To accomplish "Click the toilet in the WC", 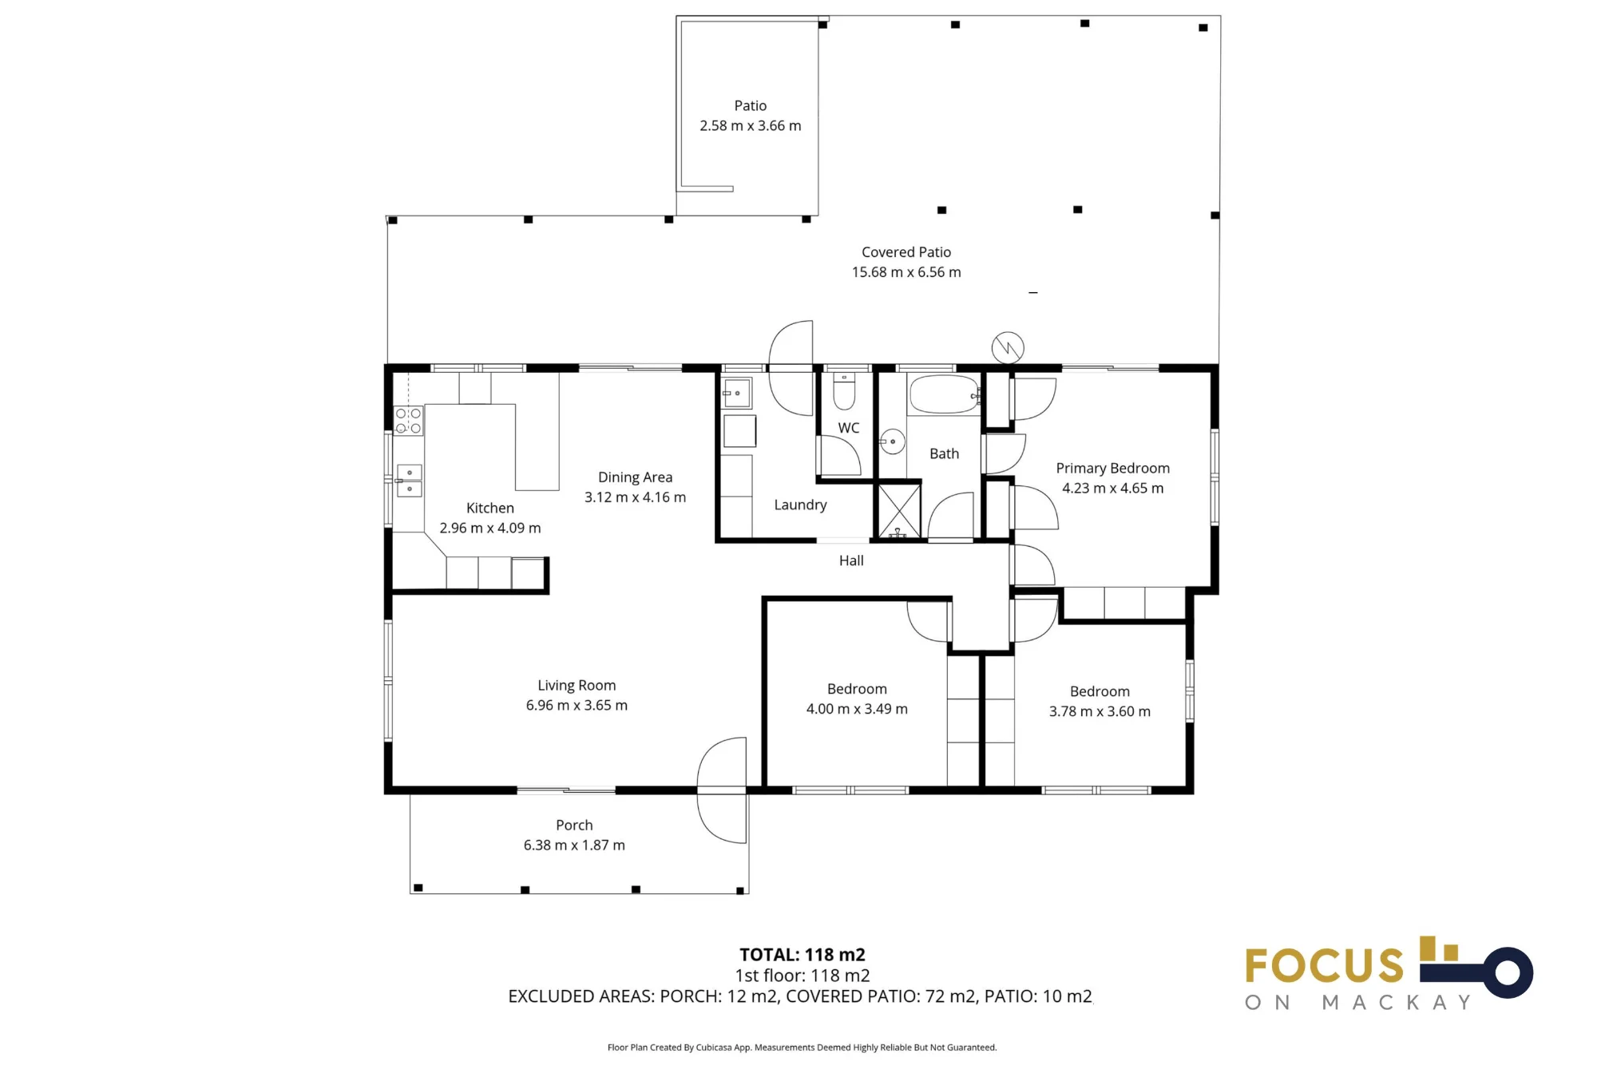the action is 844,390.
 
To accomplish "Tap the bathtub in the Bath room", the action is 944,394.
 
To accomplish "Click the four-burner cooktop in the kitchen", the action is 408,421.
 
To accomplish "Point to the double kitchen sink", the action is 410,481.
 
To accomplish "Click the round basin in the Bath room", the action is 892,441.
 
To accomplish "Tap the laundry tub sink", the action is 737,394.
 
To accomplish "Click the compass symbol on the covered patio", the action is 1008,348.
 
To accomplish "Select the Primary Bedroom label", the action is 1112,469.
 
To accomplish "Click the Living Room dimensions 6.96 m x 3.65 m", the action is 577,706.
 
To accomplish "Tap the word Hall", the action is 851,560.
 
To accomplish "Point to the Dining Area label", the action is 635,477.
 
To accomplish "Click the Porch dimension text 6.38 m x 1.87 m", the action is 574,845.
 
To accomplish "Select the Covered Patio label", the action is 906,252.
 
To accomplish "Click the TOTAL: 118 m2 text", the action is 802,955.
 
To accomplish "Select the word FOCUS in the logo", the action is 1324,966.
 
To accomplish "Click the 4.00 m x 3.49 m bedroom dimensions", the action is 857,709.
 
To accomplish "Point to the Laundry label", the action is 800,505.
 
